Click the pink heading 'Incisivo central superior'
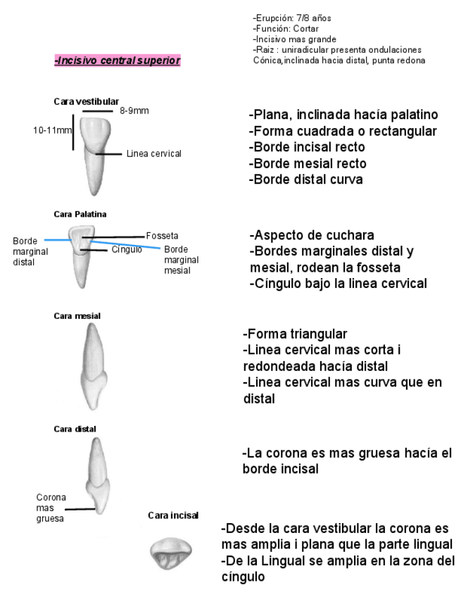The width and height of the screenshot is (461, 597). click(117, 61)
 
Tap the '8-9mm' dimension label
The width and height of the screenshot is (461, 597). click(134, 111)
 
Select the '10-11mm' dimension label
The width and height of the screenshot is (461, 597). click(52, 130)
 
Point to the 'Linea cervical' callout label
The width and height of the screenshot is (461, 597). click(154, 153)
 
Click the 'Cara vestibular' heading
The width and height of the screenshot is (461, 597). click(86, 101)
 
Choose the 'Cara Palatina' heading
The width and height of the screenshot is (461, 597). click(80, 213)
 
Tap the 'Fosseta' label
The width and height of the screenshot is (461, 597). click(162, 236)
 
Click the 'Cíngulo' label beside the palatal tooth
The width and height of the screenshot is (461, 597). click(127, 249)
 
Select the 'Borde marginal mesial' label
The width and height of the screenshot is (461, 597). click(181, 259)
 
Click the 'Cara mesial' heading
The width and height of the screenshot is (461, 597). click(77, 315)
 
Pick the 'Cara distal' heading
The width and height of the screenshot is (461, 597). click(75, 429)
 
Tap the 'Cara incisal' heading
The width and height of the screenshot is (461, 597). click(173, 515)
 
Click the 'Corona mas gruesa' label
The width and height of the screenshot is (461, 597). click(51, 507)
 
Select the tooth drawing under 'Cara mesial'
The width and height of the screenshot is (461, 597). click(94, 365)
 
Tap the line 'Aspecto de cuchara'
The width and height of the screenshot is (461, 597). click(312, 235)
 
